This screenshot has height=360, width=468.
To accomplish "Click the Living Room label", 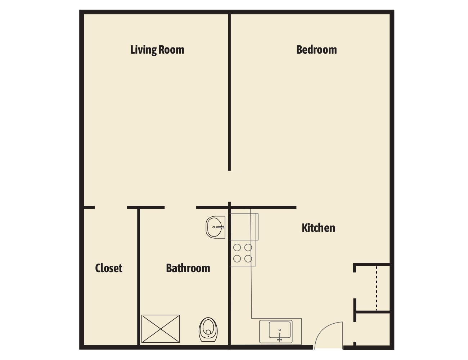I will point(157,50).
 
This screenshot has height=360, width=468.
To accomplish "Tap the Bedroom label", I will point(316,50).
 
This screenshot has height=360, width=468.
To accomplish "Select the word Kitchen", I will point(318,228).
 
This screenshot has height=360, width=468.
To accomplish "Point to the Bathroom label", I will point(188,268).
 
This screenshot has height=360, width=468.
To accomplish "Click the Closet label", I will point(108,268).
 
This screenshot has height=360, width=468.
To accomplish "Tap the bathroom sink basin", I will point(215,227).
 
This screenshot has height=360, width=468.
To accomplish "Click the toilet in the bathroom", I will point(208,329).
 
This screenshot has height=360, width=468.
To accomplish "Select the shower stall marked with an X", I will point(161,329).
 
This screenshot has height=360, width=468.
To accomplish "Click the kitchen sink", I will point(280,330).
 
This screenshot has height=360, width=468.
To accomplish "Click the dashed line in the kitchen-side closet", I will point(377,288).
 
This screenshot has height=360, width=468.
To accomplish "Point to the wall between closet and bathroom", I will point(138,277).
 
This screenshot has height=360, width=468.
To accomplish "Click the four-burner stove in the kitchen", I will point(243,253).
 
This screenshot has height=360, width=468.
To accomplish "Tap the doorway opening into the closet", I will point(111,207).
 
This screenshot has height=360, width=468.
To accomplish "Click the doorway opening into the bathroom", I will point(180,207).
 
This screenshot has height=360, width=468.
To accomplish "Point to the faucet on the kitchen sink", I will point(280,337).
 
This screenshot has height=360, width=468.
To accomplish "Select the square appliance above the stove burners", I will point(244,227).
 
